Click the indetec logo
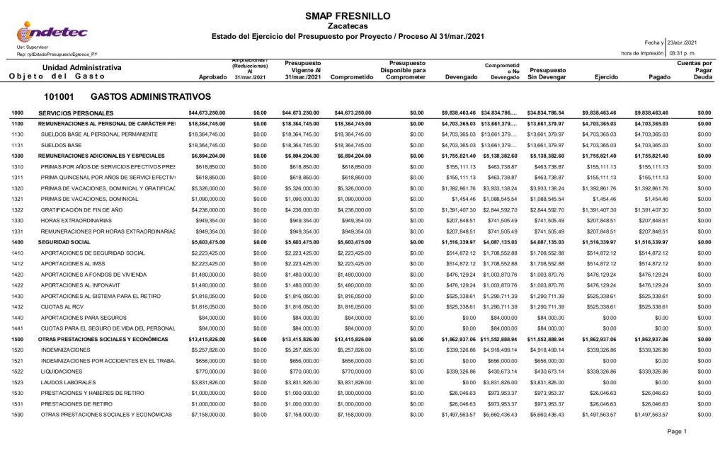[52, 31]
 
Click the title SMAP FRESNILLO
[347, 16]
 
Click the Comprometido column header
[351, 77]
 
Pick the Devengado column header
[459, 77]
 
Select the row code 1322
[18, 210]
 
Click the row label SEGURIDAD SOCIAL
[64, 242]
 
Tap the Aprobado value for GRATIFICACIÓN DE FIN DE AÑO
[207, 210]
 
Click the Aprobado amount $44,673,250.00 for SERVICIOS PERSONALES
[207, 113]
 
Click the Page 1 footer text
[676, 431]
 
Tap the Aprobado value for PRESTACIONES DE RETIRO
[207, 404]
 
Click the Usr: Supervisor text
[32, 47]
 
